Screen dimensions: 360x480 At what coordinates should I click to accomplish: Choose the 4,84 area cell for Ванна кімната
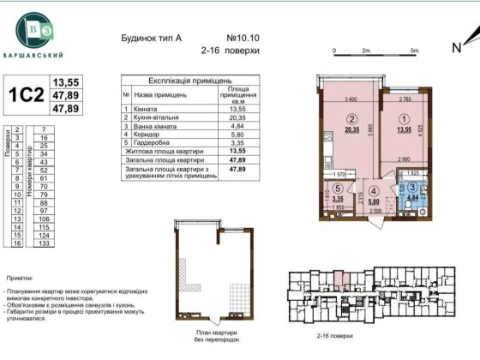[237, 127]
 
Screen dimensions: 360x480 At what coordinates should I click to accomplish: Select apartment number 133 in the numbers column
[37, 243]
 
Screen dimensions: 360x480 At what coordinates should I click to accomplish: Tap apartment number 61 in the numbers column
[37, 177]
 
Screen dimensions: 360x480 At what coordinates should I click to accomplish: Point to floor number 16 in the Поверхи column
[18, 243]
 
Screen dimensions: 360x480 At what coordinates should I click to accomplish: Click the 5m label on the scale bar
[414, 51]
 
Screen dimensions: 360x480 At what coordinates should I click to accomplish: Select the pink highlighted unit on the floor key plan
[339, 277]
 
